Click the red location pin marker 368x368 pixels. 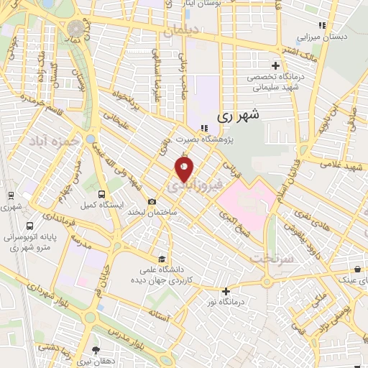(x=184, y=170)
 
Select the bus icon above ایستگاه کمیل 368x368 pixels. (x=101, y=193)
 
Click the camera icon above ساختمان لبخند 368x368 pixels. (x=151, y=202)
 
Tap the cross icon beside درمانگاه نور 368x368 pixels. (x=226, y=291)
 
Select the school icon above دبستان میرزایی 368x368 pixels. (x=323, y=24)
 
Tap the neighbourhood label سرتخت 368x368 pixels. (x=267, y=257)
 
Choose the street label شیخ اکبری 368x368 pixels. (x=235, y=219)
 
